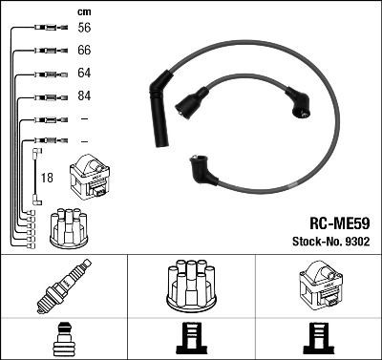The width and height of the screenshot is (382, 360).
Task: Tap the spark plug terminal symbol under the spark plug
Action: click(x=63, y=338)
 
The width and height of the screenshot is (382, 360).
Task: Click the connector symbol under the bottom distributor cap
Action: click(x=190, y=338)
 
